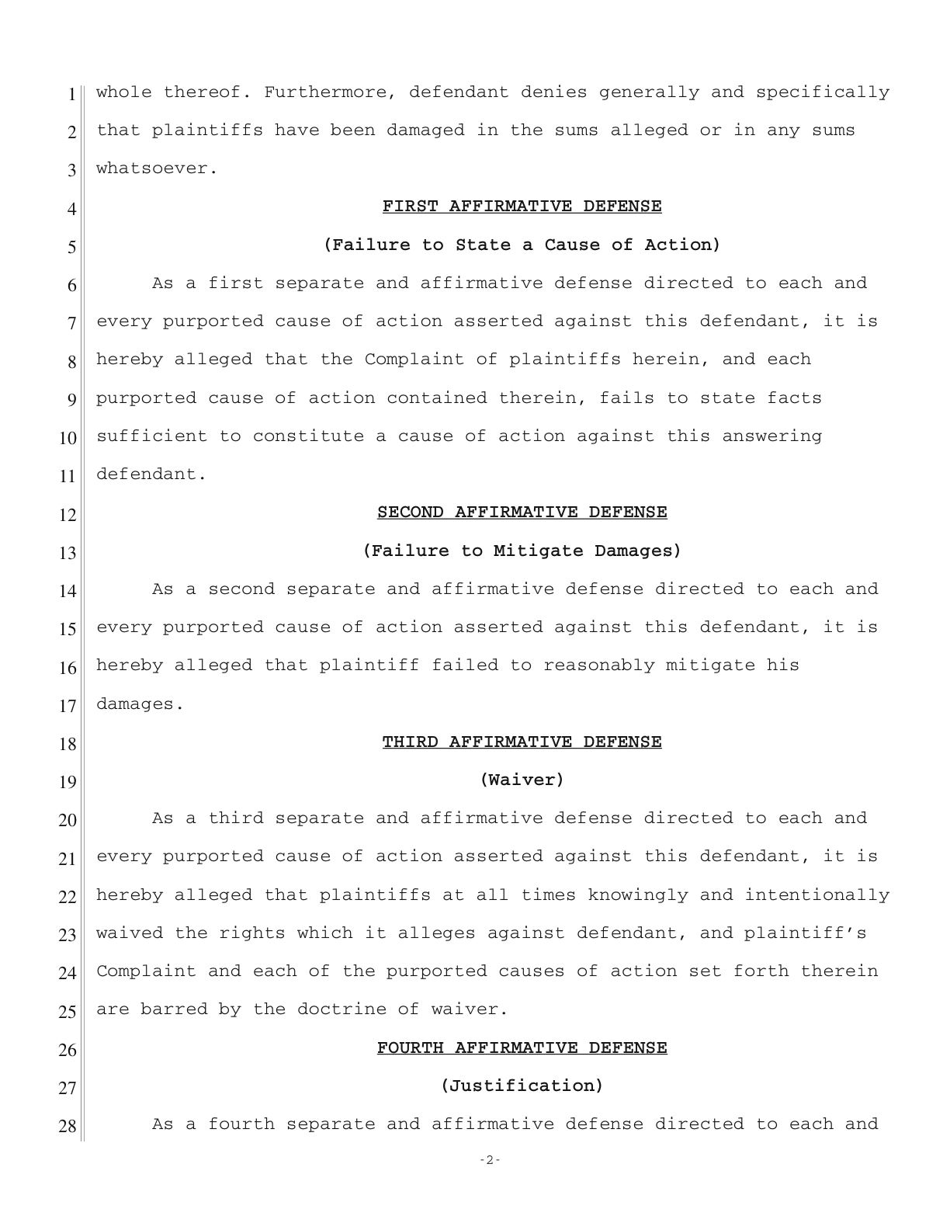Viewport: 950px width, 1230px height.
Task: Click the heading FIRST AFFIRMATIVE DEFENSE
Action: [x=522, y=207]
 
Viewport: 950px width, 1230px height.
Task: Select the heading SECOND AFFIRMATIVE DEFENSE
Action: [x=522, y=512]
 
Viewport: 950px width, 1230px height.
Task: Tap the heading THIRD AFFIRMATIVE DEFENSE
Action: [x=522, y=742]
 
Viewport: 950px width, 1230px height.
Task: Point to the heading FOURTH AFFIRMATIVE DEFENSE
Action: [x=522, y=1048]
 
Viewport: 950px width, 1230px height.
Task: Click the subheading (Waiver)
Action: [x=522, y=780]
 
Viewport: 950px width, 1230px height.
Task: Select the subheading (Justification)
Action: [x=522, y=1086]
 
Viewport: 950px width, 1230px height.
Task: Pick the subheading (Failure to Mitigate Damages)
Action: [x=522, y=551]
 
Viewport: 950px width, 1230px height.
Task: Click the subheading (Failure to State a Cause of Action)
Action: [x=522, y=245]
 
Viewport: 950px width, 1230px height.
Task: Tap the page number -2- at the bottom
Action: [x=490, y=1160]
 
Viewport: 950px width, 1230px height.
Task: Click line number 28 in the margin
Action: [x=68, y=1125]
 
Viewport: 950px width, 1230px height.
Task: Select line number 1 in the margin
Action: [x=71, y=94]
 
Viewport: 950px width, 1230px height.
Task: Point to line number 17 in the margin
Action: [x=68, y=705]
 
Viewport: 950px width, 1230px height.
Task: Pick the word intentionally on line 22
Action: [x=817, y=895]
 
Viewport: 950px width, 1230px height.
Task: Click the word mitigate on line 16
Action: [x=711, y=665]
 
